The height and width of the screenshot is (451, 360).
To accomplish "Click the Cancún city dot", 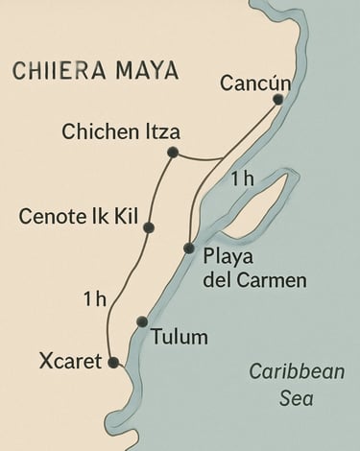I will (277, 99).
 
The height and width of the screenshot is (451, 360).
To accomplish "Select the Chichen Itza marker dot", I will (173, 153).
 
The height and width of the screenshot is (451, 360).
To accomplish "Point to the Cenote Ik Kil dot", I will (149, 227).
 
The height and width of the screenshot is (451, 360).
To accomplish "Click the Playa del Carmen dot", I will (189, 249).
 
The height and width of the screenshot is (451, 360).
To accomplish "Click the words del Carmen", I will (255, 280).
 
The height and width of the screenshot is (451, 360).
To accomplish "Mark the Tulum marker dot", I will (142, 321).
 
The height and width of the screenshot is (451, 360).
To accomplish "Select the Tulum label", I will (180, 337).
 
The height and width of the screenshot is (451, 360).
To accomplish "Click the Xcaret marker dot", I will (113, 363).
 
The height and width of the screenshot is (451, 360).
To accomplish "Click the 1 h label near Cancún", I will (242, 179).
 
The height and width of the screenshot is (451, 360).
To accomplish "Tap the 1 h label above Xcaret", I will (94, 299).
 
